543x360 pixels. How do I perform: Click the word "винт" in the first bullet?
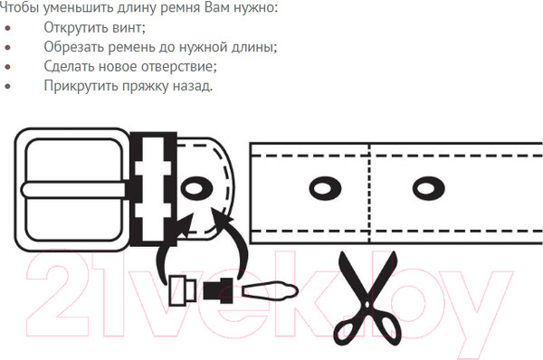click(129, 27)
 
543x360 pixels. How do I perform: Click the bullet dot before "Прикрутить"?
click(7, 86)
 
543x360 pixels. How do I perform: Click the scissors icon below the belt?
click(368, 298)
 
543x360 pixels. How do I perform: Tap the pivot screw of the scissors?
click(367, 305)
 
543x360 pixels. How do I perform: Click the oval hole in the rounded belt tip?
click(196, 189)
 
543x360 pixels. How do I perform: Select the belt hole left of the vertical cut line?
click(325, 188)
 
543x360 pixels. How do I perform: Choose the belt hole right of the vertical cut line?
click(428, 188)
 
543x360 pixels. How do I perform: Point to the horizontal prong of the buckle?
click(73, 190)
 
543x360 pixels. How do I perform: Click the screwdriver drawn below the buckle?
click(270, 291)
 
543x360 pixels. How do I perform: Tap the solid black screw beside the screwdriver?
click(218, 290)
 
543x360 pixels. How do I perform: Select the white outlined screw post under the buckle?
click(183, 290)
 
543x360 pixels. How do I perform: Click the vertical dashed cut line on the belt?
click(369, 194)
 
